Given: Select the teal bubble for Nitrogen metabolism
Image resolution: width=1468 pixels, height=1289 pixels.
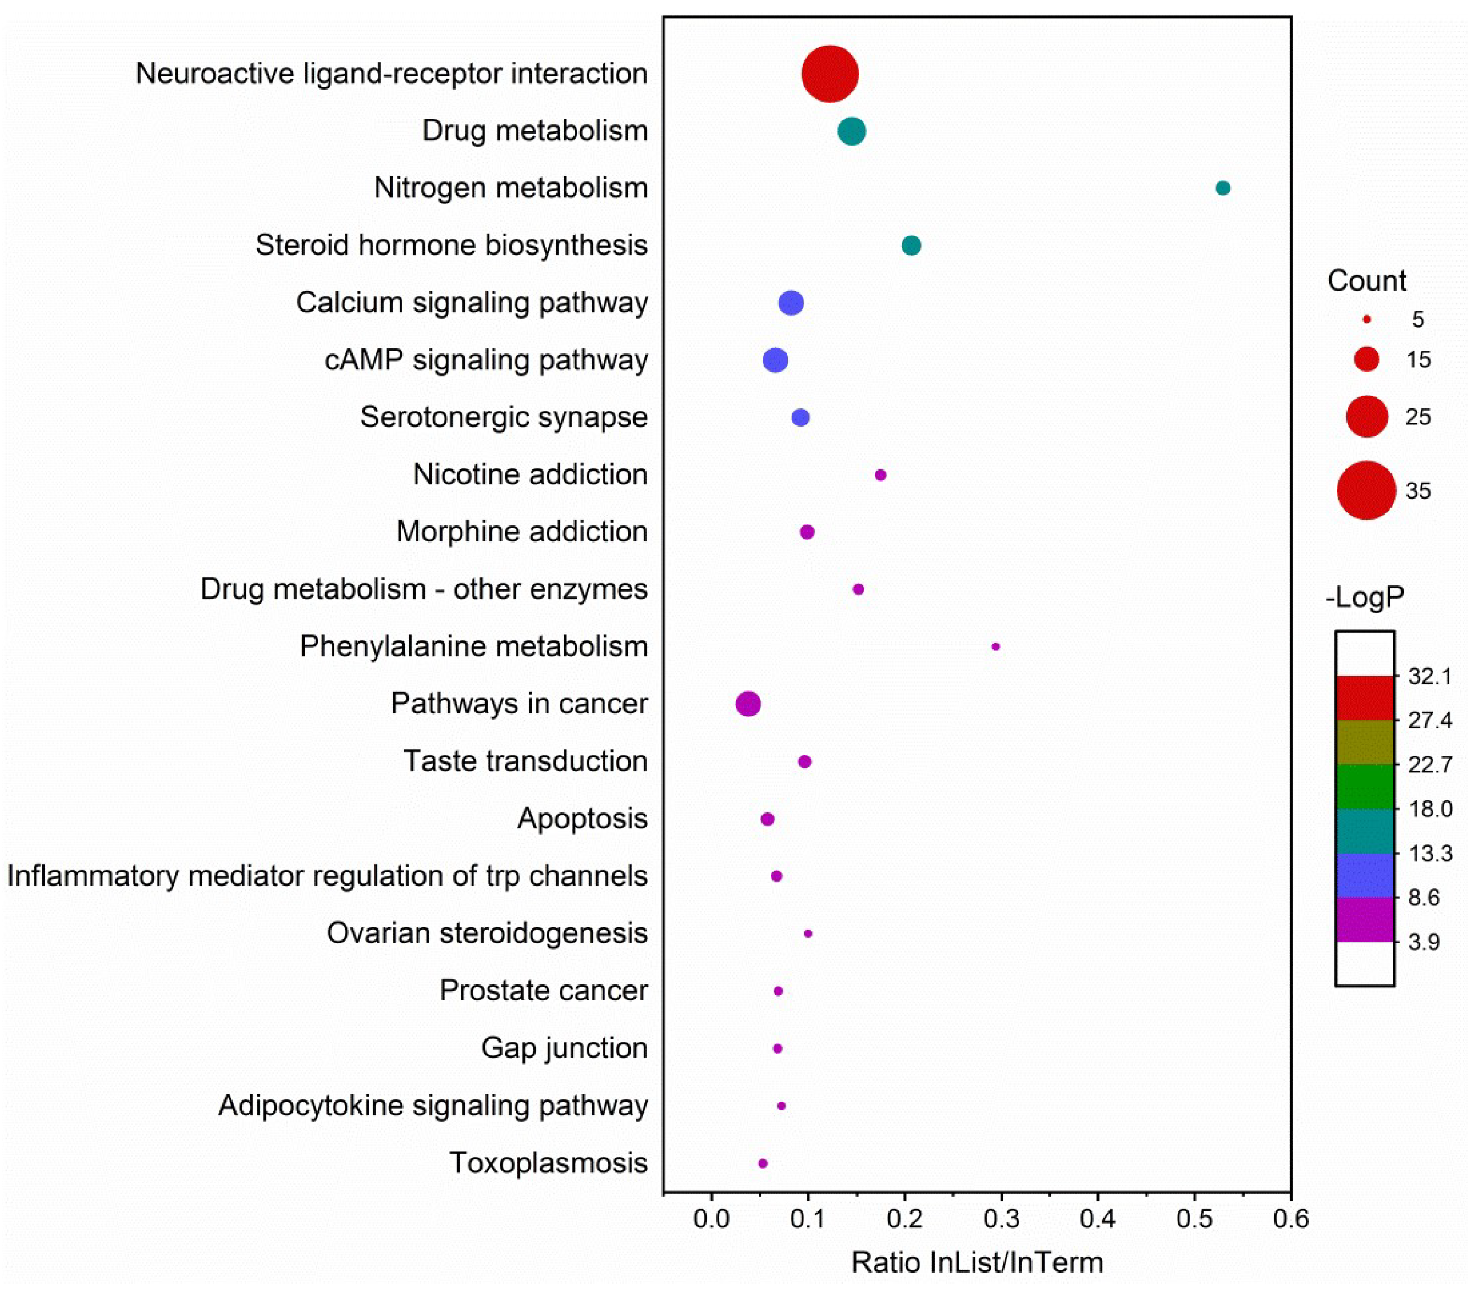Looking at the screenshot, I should coord(1222,188).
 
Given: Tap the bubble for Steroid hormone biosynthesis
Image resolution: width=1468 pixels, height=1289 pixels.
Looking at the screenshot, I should coord(910,246).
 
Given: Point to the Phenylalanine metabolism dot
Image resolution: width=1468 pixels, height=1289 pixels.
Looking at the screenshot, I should coord(995,646).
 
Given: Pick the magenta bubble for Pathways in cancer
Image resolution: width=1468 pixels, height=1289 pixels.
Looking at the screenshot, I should coord(748,704).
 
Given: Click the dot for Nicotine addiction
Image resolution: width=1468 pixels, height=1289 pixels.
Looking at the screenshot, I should coord(880,475).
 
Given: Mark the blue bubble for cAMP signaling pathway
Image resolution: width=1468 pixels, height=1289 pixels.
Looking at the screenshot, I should coord(775,360).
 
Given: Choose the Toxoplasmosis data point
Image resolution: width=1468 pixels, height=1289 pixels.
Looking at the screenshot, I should coord(763,1163).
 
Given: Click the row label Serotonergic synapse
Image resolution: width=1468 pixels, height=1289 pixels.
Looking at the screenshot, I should coord(504,417).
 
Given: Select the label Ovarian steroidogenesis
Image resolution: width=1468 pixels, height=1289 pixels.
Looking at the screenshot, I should coord(487,933).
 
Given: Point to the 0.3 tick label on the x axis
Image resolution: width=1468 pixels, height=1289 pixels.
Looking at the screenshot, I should coord(1001,1219).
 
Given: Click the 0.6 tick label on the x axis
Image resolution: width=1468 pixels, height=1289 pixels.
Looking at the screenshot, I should coord(1290,1219).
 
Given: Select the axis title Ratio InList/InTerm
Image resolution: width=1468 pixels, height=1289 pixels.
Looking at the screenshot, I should coord(977,1262).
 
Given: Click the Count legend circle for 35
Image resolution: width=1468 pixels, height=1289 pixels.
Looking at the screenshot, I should coord(1366,490).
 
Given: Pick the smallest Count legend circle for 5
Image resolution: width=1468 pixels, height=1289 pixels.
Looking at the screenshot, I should coord(1367,319).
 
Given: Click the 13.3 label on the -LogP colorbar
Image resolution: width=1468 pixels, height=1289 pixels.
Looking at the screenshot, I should coord(1430,854).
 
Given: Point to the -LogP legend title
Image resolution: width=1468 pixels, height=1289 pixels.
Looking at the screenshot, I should coord(1365,598).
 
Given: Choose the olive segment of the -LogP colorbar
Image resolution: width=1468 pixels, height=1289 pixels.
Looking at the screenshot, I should coord(1365,742).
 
